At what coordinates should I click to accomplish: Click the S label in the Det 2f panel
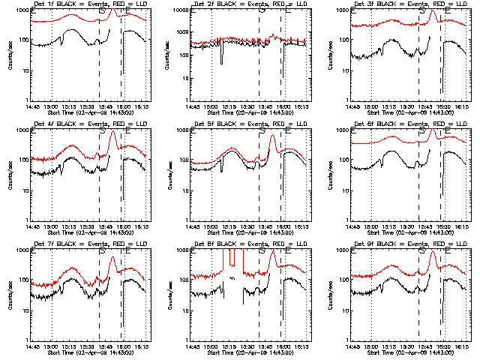(261, 10)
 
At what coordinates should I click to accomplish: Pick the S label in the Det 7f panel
(101, 250)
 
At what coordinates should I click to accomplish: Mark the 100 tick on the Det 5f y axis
(183, 160)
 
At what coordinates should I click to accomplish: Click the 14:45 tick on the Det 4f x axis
(32, 226)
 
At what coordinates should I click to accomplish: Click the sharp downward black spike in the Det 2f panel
(221, 63)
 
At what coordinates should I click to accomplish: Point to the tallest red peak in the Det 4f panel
(112, 132)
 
